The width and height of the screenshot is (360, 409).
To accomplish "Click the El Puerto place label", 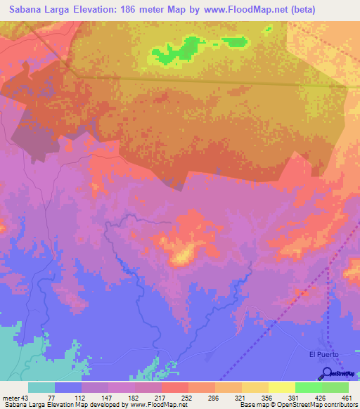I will click(324, 354).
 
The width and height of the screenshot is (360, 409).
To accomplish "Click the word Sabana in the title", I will click(25, 10).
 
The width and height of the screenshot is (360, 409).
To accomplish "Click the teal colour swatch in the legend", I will click(41, 387).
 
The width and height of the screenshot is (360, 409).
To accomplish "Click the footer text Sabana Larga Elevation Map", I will click(42, 405).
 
